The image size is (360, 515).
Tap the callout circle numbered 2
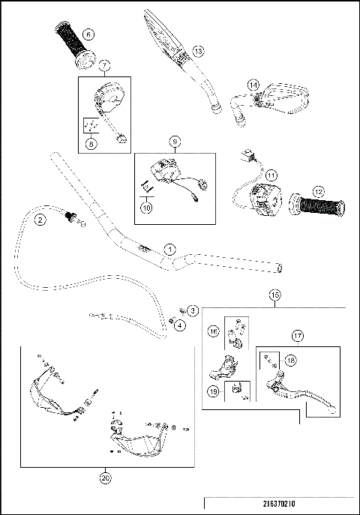[40, 219]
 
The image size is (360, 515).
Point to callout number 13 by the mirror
[198, 50]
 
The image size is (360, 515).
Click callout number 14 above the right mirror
[253, 85]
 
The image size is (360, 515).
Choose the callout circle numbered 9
[173, 140]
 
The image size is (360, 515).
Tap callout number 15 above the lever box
[274, 296]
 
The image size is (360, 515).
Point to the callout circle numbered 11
[271, 175]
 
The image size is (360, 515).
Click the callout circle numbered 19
[214, 391]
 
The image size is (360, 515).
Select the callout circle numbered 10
[147, 200]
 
